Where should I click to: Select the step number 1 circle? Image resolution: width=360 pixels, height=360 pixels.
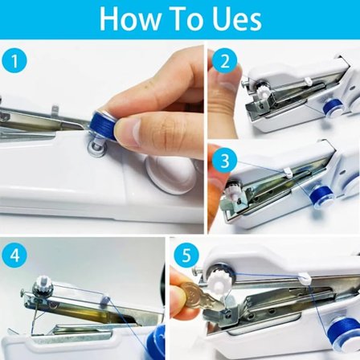coord(14,61)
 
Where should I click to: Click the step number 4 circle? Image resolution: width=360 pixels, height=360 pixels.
coord(14,256)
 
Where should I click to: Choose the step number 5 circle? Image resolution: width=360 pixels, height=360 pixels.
coord(186,256)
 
